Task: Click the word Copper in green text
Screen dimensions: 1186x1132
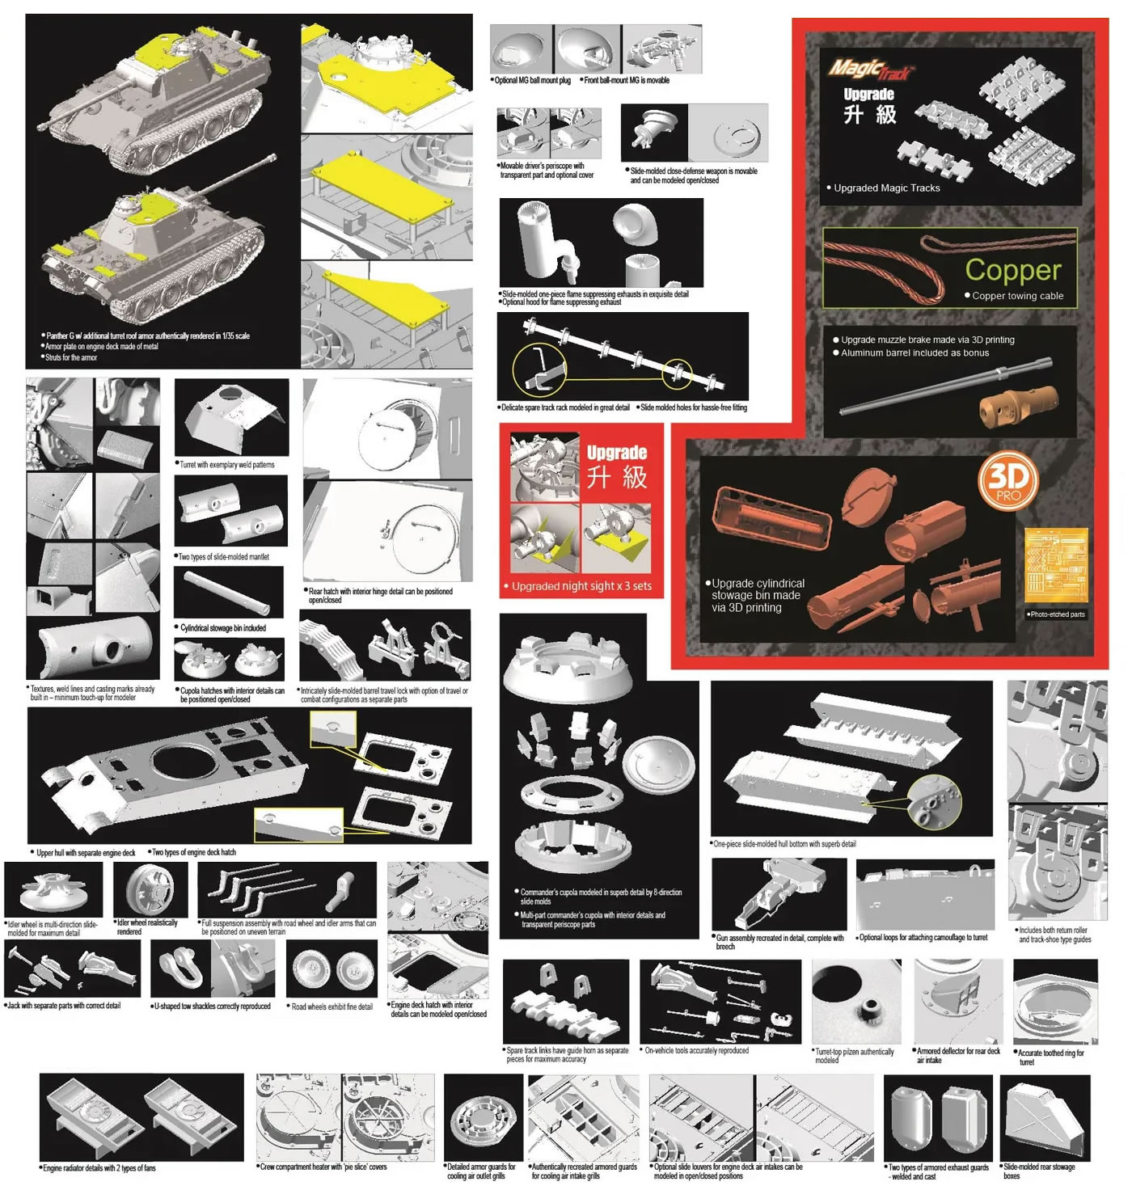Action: (x=1012, y=269)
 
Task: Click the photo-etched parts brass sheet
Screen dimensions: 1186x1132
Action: (x=1055, y=565)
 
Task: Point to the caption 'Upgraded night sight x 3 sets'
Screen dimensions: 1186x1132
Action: (x=581, y=586)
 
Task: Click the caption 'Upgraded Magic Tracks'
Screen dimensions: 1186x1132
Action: (x=886, y=188)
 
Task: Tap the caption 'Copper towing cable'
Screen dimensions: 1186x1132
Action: (x=1017, y=296)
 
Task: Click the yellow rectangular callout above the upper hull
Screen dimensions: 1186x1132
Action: (x=333, y=730)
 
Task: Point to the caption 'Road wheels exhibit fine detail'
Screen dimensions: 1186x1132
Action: (x=332, y=1007)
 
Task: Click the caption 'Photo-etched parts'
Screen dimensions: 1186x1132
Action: (x=1057, y=614)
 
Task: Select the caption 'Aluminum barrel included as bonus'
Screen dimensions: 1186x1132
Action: (x=914, y=352)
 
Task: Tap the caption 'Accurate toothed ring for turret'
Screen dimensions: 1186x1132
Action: (x=1050, y=1057)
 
